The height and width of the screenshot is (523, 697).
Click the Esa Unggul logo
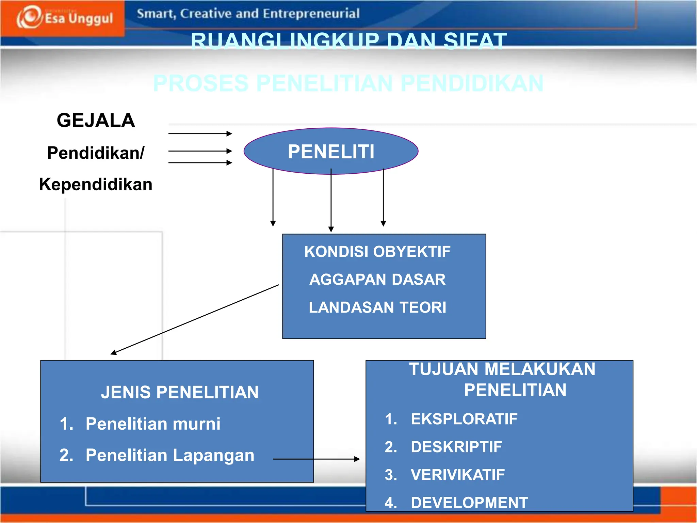tap(65, 18)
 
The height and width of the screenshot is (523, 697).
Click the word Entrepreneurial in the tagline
tap(311, 14)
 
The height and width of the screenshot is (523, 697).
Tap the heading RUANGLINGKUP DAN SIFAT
tap(348, 41)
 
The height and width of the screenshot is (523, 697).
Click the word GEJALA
tap(96, 121)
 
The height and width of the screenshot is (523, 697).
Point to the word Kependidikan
tap(96, 184)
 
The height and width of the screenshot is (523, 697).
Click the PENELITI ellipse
tap(331, 151)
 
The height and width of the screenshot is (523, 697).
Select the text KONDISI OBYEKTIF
tap(377, 252)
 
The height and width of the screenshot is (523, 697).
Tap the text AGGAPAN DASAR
tap(377, 280)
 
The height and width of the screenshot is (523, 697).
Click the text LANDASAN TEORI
tap(377, 307)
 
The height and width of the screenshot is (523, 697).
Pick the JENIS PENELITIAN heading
tap(180, 392)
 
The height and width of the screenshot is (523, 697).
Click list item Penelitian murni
tap(153, 424)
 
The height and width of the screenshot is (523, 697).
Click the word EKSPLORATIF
tap(464, 419)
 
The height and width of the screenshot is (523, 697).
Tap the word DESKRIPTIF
tap(456, 447)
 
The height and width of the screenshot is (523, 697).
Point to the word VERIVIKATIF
tap(457, 475)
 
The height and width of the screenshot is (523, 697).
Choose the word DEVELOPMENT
tap(469, 503)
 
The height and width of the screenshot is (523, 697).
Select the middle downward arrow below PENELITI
tap(331, 201)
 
